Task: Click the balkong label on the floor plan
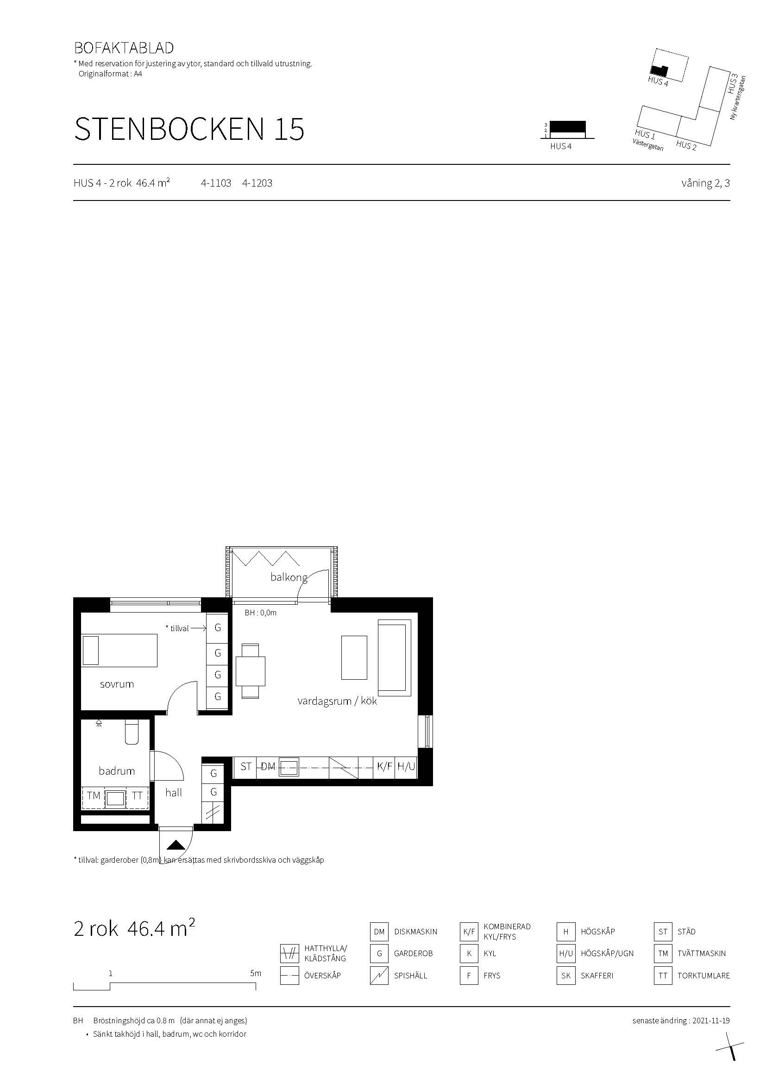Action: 289,577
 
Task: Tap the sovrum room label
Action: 117,684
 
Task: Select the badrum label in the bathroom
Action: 117,771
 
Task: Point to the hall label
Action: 174,792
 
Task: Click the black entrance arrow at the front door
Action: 176,845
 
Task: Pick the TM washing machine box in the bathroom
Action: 94,796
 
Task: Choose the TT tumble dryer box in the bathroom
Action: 137,796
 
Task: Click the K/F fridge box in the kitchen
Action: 385,766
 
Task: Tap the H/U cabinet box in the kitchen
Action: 406,766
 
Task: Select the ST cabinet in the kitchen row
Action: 246,766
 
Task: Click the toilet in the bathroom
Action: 132,732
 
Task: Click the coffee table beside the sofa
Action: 354,657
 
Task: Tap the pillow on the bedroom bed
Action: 91,651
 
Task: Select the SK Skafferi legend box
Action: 566,976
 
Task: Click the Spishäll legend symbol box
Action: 379,976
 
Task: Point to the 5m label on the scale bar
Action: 256,973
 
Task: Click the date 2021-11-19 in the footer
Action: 711,1020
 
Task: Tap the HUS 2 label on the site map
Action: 686,145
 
